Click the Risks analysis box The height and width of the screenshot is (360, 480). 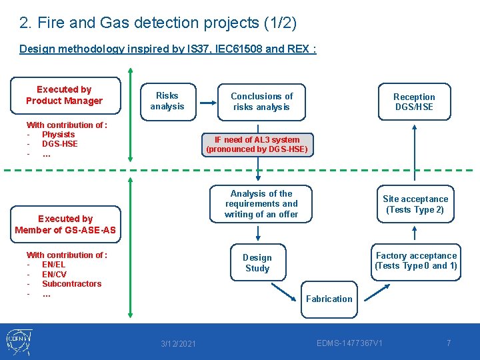tap(167, 101)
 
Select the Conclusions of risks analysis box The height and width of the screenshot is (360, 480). tap(261, 101)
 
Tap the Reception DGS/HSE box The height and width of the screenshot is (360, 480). tap(413, 101)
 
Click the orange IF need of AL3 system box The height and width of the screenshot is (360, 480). tap(257, 145)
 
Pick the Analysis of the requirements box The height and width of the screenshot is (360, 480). tap(261, 204)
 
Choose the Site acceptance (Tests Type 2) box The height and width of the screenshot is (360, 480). tap(415, 204)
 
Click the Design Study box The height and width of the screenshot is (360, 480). tap(257, 263)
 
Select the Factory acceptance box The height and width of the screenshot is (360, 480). tap(416, 261)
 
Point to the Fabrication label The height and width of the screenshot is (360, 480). tap(329, 299)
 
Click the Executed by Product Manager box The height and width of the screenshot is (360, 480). tap(64, 95)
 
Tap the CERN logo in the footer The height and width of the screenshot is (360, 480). tap(21, 342)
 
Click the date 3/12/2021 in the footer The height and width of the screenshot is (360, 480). tap(179, 343)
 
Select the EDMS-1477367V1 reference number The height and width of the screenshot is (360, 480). tap(349, 343)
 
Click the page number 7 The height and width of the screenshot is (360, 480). tap(449, 343)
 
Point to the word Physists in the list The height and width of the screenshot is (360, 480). tap(59, 135)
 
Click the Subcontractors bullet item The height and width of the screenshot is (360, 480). tap(71, 284)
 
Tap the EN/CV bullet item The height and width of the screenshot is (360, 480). tap(54, 274)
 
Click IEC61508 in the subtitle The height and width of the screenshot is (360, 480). tap(237, 49)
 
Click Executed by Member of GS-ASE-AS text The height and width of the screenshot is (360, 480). tap(65, 225)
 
